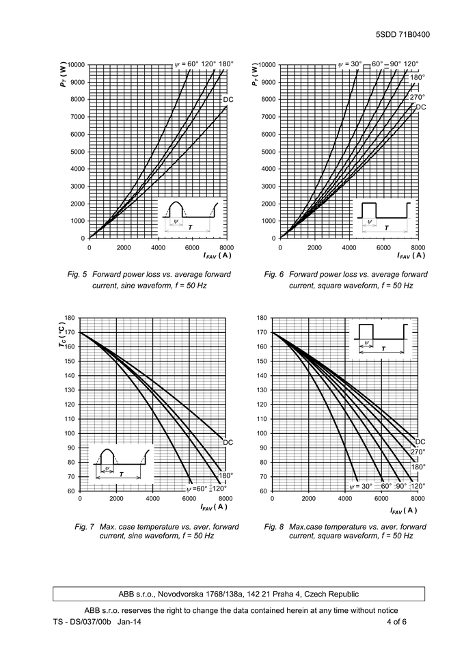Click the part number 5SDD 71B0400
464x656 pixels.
click(402, 35)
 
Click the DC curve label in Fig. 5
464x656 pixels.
click(228, 100)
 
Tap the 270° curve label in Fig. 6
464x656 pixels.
click(417, 97)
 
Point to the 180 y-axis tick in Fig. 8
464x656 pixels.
click(262, 318)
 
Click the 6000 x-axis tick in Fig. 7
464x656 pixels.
click(189, 498)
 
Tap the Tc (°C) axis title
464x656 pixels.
click(62, 335)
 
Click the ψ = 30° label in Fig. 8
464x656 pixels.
click(361, 486)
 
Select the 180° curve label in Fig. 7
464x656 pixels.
click(226, 476)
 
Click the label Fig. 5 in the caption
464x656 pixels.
click(77, 275)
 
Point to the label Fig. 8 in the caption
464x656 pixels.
click(273, 527)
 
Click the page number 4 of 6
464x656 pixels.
click(396, 622)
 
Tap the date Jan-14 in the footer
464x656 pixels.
click(129, 622)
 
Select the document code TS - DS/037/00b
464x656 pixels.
click(82, 622)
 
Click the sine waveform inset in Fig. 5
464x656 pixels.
click(191, 217)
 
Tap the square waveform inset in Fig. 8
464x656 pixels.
click(381, 340)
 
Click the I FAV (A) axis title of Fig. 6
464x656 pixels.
click(411, 255)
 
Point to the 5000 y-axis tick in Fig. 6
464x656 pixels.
click(268, 152)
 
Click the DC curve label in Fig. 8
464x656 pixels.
click(420, 442)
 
